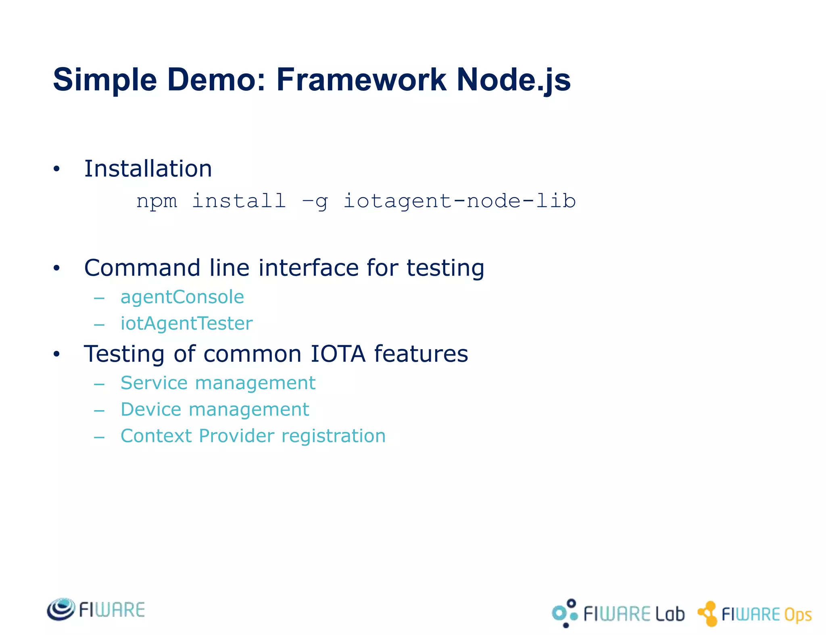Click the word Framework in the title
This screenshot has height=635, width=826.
coord(361,80)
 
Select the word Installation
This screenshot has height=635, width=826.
coord(148,168)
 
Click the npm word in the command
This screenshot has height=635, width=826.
coord(156,201)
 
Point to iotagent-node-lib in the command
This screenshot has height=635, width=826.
coord(459,201)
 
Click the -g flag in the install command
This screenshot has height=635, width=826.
coord(315,201)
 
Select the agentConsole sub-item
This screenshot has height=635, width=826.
coord(182,297)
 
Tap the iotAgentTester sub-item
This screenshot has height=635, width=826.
coord(186,323)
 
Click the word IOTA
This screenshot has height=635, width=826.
coord(338,354)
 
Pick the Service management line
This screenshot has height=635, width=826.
coord(218,383)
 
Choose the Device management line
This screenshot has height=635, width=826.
coord(215,409)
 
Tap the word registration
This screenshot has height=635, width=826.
coord(334,436)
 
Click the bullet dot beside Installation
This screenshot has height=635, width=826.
coord(56,169)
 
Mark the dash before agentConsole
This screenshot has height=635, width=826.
coord(99,298)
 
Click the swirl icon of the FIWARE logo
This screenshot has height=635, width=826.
coord(61,609)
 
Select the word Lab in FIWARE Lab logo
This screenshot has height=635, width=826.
coord(670,614)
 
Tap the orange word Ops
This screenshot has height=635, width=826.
coord(798,615)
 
